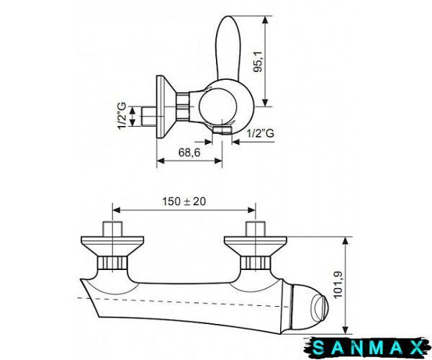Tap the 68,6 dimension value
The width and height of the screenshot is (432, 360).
(x=189, y=153)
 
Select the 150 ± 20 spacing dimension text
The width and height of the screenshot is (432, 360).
(x=184, y=202)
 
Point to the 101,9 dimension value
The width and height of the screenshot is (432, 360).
(x=338, y=284)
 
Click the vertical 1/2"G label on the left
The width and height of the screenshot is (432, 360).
(x=122, y=115)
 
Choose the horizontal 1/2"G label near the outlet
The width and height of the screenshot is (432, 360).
(x=261, y=133)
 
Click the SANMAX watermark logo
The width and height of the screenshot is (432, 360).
(x=368, y=348)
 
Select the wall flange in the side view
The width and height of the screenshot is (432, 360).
(x=166, y=107)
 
